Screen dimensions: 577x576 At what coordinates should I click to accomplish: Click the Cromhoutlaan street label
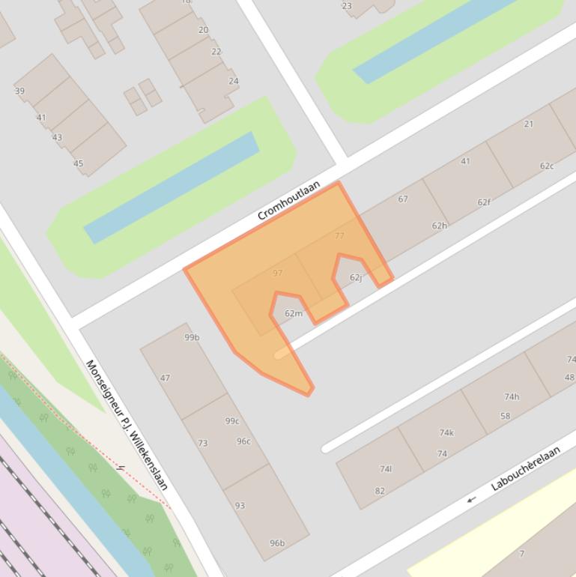tap(288, 200)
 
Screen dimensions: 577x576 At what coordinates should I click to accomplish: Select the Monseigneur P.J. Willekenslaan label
tap(127, 425)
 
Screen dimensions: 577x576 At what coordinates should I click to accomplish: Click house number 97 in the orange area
tap(278, 273)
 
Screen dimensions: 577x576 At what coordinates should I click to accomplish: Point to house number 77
tap(339, 235)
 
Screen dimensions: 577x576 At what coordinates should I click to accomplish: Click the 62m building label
tap(294, 313)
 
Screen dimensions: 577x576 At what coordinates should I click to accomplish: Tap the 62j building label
tap(356, 277)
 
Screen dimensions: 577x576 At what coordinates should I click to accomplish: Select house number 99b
tap(192, 337)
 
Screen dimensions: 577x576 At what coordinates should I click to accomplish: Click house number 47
tap(165, 378)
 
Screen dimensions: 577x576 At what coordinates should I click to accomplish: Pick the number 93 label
tap(240, 505)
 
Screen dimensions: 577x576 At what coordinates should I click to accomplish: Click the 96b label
tap(277, 543)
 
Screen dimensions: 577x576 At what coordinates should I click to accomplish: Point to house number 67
tap(403, 199)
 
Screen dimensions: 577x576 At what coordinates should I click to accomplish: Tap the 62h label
tap(439, 226)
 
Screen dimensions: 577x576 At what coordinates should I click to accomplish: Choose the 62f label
tap(484, 202)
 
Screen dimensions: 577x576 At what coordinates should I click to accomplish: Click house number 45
tap(78, 163)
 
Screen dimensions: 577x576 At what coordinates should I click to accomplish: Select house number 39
tap(19, 91)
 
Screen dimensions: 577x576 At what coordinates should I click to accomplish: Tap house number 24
tap(234, 81)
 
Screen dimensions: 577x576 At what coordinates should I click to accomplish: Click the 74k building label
tap(446, 432)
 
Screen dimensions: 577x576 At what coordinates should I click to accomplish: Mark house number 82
tap(380, 491)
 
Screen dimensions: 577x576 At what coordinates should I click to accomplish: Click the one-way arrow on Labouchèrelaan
tap(471, 499)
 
